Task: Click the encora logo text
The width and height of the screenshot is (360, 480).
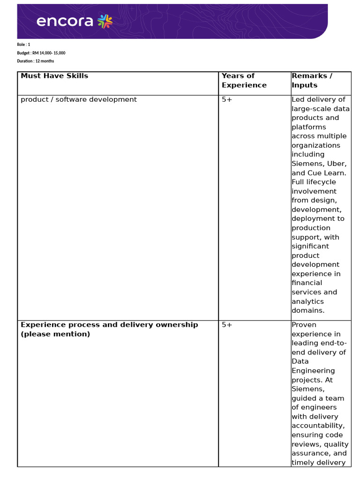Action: (64, 22)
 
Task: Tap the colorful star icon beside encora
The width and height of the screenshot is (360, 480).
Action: (105, 21)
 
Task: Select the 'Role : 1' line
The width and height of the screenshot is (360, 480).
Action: (24, 45)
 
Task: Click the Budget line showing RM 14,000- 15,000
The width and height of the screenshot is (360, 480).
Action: (41, 53)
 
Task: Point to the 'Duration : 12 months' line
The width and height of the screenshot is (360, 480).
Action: (36, 61)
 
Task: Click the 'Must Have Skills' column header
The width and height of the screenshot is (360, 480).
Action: (54, 76)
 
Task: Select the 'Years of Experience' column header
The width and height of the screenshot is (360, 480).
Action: (244, 81)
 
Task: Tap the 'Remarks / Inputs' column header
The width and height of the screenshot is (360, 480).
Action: (312, 81)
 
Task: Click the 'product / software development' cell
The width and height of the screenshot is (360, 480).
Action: (79, 99)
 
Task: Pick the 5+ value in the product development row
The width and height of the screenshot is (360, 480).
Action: (227, 99)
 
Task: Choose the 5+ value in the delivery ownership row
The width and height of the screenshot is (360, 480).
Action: (227, 325)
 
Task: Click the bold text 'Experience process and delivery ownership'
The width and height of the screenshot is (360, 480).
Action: (109, 325)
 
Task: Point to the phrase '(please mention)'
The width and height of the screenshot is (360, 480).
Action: (55, 334)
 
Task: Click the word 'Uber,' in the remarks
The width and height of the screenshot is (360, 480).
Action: (337, 164)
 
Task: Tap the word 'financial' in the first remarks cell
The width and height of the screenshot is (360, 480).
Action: (307, 283)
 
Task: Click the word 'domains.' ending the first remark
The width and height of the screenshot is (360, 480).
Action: (308, 310)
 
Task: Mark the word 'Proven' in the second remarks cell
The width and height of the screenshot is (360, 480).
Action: (304, 325)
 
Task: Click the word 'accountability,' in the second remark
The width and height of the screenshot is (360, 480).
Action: (318, 426)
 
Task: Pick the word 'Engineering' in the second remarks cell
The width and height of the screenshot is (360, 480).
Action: (314, 371)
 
